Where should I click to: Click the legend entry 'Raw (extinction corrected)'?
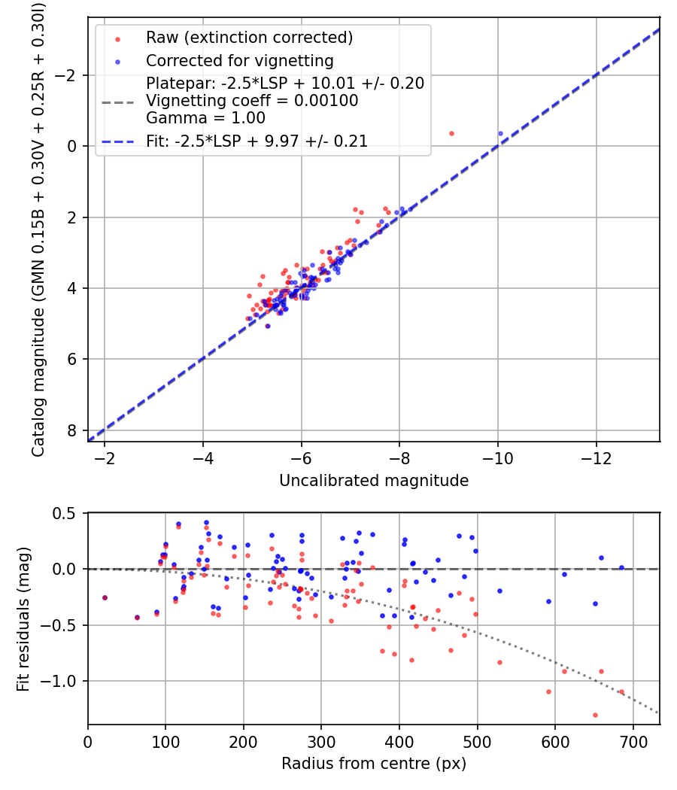point(249,38)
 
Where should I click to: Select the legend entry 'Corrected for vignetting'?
point(239,60)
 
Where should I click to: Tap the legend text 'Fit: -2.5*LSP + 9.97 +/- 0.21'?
point(257,141)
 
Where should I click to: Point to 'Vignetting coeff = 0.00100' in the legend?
point(252,101)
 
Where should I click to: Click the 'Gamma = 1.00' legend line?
point(205,118)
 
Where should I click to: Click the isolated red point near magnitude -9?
point(451,133)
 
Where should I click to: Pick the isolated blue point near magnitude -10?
point(500,133)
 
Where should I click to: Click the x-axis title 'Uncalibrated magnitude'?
point(374,481)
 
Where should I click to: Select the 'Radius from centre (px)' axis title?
point(374,764)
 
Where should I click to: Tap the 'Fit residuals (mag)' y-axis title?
point(23,618)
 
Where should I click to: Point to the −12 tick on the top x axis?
point(596,458)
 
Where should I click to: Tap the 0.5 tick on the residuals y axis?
point(68,513)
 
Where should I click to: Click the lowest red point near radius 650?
point(595,715)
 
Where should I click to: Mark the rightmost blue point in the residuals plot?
point(621,567)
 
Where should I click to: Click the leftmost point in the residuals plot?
point(105,597)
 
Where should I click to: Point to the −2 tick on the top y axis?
point(70,75)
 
